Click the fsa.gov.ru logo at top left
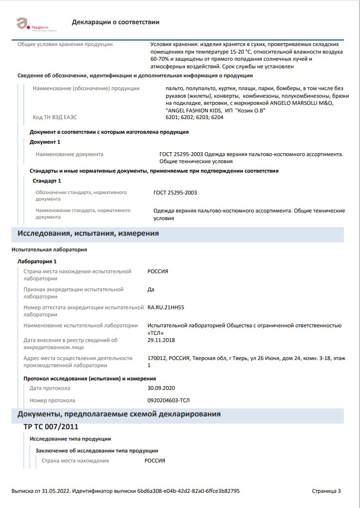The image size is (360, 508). pos(33,22)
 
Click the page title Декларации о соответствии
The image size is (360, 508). pos(115,22)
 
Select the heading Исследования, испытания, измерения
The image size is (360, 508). pos(88,233)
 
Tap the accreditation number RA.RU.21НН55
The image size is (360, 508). pos(166,307)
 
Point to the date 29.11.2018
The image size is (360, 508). pos(161,340)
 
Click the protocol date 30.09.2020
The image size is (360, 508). pos(161,388)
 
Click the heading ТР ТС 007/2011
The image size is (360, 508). pos(51,426)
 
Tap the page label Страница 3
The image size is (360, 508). pos(326,491)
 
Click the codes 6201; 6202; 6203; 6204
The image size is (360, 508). pos(194,117)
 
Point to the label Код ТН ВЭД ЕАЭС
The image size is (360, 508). pos(55,117)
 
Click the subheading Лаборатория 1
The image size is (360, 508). pos(37,261)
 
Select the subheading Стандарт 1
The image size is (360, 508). pos(46,181)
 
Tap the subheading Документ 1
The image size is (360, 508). pos(45,142)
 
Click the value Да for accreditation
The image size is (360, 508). pos(151,289)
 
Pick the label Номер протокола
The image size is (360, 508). pos(52,400)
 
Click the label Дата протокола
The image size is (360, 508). pos(49,388)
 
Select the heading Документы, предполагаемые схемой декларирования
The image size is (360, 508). pos(119,414)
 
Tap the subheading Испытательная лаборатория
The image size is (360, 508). pos(49,249)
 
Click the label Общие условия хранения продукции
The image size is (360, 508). pos(65,44)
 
